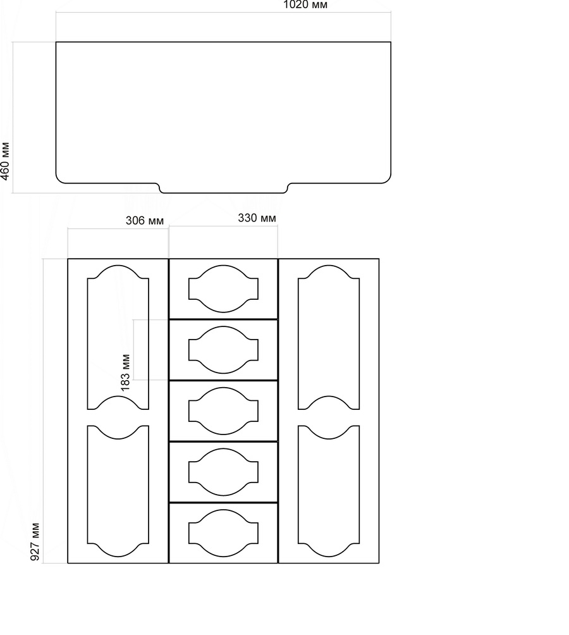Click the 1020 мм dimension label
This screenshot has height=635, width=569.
point(305,5)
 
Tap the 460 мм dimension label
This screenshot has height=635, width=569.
point(5,161)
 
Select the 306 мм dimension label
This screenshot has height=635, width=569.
point(145,221)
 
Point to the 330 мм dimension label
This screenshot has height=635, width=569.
point(257,218)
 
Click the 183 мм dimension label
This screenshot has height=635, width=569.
point(125,373)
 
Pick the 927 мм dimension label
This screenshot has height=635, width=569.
point(35,542)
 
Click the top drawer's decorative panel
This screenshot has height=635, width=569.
point(223,289)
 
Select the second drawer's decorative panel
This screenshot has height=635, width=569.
point(223,350)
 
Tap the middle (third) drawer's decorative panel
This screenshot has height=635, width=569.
point(223,411)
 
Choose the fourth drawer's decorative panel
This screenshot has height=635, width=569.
point(223,472)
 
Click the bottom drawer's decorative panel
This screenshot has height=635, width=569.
point(223,533)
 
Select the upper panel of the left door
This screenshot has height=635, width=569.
point(118,337)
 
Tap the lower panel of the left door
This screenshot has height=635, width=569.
point(118,491)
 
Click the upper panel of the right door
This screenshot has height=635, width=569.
point(329,337)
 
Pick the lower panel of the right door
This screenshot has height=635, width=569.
point(329,491)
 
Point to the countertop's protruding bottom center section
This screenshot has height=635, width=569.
point(223,188)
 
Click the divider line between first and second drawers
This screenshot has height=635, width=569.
point(223,319)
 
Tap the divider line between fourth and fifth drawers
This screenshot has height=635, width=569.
point(223,503)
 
